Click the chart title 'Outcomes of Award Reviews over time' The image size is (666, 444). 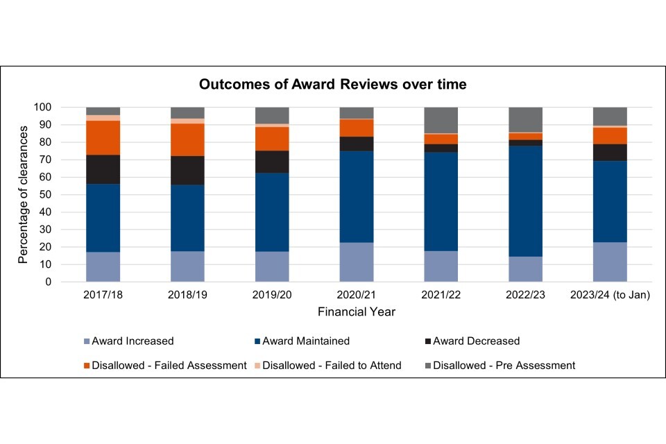[332, 85]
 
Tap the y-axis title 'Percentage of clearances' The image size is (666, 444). [23, 195]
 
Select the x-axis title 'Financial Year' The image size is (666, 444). [357, 312]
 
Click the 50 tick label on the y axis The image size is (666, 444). [46, 195]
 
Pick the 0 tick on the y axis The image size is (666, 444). [49, 282]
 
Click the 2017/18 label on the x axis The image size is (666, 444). [103, 296]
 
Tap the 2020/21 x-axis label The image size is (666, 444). [357, 296]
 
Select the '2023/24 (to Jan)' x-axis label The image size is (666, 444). [610, 296]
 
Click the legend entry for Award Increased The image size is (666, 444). [132, 341]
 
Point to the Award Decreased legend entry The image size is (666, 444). [476, 341]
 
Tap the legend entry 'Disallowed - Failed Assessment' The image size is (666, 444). [169, 365]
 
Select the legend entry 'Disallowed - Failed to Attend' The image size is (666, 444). [332, 365]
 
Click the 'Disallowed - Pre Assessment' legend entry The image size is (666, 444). [504, 365]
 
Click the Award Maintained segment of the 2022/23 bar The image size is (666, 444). [525, 201]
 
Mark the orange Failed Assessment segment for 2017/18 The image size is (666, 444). [103, 137]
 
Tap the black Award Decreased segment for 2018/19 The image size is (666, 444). [187, 171]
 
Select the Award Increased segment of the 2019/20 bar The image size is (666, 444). [272, 267]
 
